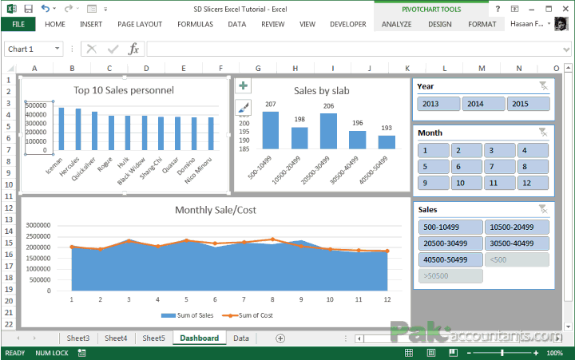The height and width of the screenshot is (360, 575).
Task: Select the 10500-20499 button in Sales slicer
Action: point(517,227)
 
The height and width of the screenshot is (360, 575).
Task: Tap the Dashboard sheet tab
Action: point(199,338)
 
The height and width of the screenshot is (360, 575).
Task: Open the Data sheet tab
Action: point(240,338)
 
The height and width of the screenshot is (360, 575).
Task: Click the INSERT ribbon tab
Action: point(90,25)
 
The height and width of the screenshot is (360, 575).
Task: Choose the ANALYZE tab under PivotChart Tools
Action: point(397,25)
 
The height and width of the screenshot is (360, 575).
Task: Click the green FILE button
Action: point(18,25)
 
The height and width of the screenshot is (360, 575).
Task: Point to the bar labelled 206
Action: point(328,131)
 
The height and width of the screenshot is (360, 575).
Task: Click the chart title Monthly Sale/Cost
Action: point(216,210)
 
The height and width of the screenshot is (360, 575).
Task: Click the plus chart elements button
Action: point(244,85)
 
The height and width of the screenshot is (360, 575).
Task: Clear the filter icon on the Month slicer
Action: point(542,132)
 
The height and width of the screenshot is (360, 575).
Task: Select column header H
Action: point(295,69)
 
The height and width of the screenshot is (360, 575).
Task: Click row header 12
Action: point(9,208)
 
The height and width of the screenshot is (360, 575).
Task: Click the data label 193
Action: point(387,128)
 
